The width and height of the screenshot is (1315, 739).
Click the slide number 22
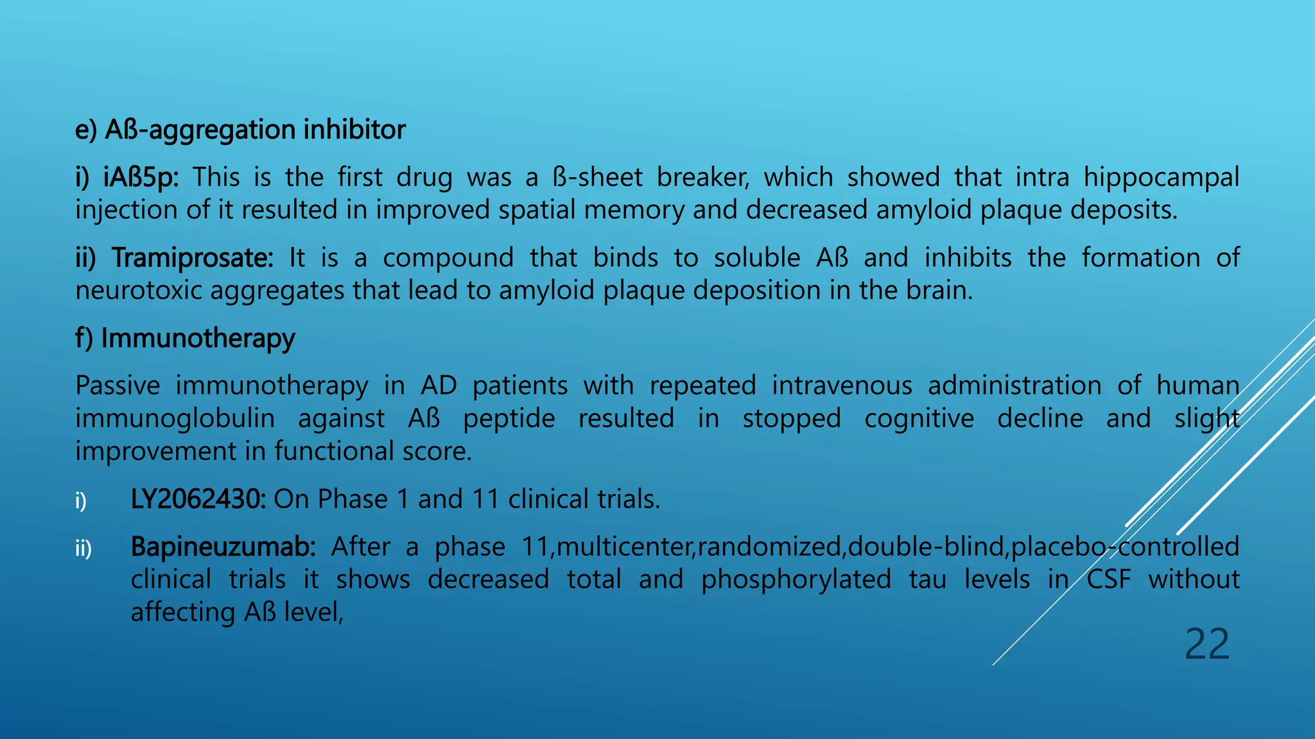(x=1206, y=644)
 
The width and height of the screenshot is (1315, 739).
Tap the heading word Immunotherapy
(x=198, y=339)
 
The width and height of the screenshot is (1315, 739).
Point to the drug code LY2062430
(x=198, y=499)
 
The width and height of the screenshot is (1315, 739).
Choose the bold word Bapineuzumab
(x=223, y=547)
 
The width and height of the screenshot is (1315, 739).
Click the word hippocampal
(x=1161, y=178)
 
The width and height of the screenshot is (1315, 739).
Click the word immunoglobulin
(x=175, y=419)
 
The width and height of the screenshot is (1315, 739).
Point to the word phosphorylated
(x=796, y=580)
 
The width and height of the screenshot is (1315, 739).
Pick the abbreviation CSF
(x=1108, y=580)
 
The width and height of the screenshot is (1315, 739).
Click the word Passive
(x=118, y=386)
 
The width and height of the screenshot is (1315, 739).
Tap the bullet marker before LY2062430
(x=81, y=500)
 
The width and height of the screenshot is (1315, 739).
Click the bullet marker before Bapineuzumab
(x=83, y=548)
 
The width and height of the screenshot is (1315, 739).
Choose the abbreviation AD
(x=439, y=386)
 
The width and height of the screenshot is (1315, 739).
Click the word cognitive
(x=919, y=419)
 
